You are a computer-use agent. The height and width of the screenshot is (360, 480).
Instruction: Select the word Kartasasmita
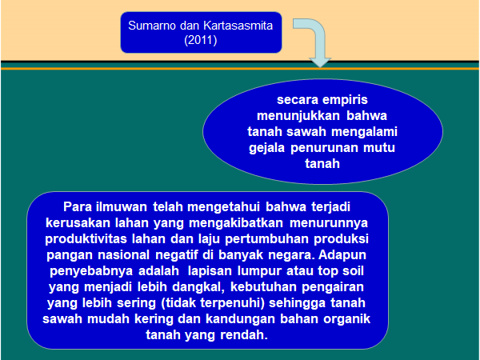point(238,26)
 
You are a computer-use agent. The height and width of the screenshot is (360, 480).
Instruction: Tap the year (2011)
point(201,40)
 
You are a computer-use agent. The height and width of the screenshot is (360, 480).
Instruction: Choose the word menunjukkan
point(298,116)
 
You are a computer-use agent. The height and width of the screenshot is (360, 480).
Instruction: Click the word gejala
point(266,148)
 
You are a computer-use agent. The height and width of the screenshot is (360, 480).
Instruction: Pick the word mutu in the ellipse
point(379,148)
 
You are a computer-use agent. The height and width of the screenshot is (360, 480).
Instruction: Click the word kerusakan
point(78,223)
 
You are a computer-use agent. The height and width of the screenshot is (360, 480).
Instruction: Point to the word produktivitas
point(86,239)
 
